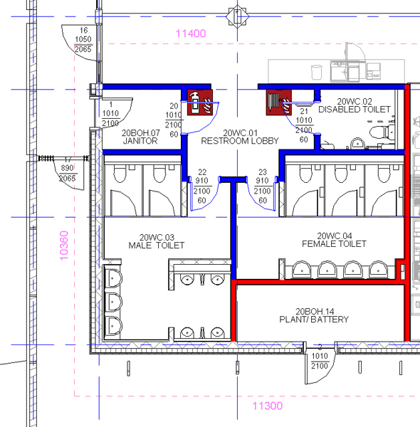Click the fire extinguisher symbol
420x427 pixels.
click(200, 102)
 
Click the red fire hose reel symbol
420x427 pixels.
click(279, 102)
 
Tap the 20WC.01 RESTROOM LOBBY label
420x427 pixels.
click(240, 137)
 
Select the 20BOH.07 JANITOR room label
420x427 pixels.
click(140, 137)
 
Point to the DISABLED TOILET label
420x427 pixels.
click(355, 110)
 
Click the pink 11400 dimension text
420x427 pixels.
click(191, 33)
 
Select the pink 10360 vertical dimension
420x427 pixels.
click(64, 246)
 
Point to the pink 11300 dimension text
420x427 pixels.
click(268, 406)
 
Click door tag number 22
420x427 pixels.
click(202, 172)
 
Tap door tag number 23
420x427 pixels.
click(263, 172)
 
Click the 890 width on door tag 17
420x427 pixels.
click(68, 168)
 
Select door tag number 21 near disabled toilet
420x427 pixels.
click(304, 111)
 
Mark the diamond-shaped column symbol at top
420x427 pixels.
click(237, 16)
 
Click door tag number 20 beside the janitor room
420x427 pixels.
click(174, 106)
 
